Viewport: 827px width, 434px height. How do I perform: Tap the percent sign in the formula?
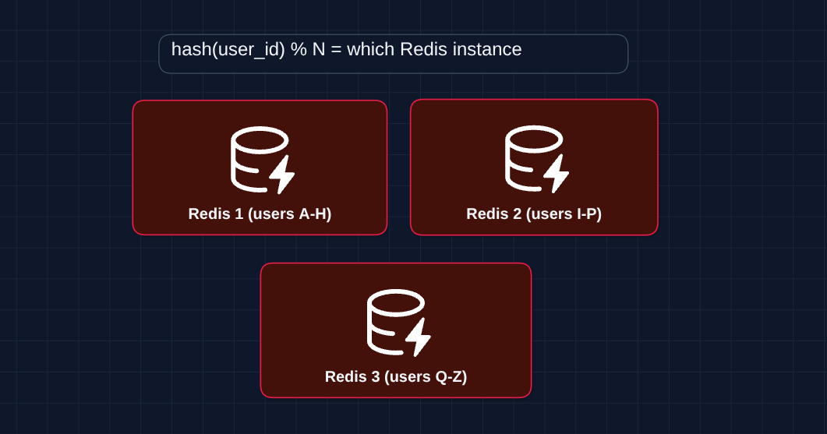click(x=299, y=50)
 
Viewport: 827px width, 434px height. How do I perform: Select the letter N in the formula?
click(x=319, y=50)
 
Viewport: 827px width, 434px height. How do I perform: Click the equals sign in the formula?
click(x=336, y=50)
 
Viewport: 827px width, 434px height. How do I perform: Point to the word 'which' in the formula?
click(x=370, y=50)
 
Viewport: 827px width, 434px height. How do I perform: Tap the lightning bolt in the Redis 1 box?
click(x=282, y=174)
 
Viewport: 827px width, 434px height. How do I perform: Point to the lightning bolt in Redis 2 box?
click(x=557, y=174)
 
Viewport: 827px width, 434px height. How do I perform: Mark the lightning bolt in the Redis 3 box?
click(x=419, y=337)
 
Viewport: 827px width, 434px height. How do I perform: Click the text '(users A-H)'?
click(x=289, y=213)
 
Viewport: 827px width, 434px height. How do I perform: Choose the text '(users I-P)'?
click(x=564, y=213)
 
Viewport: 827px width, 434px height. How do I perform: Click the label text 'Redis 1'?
click(x=215, y=213)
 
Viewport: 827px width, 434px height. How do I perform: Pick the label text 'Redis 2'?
click(x=493, y=213)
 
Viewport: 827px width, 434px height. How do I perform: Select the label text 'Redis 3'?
click(x=352, y=377)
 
